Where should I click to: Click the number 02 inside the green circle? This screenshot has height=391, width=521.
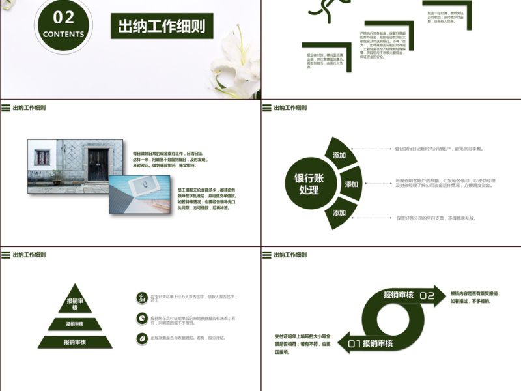(x=63, y=17)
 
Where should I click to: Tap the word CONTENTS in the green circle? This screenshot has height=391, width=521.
(x=63, y=34)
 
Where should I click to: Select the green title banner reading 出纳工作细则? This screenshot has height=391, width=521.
(x=162, y=26)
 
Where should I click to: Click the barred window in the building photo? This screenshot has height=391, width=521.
(x=43, y=158)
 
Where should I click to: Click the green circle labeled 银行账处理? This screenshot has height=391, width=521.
(x=309, y=184)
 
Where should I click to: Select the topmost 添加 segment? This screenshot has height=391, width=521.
(x=339, y=155)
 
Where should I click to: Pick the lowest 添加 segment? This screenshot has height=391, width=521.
(x=339, y=212)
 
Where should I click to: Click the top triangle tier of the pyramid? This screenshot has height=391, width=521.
(x=76, y=302)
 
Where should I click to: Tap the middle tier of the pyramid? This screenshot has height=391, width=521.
(x=75, y=324)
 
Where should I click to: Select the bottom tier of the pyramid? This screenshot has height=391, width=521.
(x=75, y=341)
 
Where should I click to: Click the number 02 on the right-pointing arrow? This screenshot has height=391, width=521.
(x=427, y=296)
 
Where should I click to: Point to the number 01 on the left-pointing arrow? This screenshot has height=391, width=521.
(x=355, y=343)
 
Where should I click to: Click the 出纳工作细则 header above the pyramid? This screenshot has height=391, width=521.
(x=29, y=255)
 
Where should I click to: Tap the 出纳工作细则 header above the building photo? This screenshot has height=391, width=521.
(x=29, y=108)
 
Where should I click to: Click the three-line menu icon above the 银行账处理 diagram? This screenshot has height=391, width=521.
(x=266, y=108)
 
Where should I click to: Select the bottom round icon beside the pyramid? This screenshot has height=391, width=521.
(x=141, y=338)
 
